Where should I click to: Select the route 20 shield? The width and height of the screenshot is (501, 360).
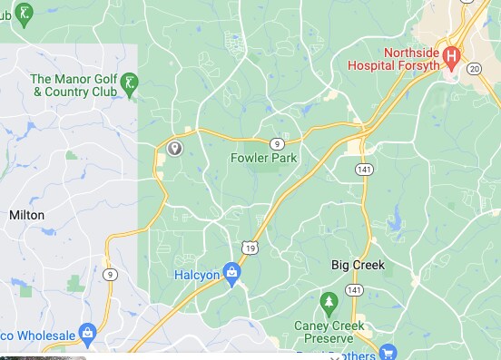pos(474,68)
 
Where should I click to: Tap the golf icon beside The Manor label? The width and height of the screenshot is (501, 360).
pos(130,83)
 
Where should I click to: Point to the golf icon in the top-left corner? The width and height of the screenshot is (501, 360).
pos(25,13)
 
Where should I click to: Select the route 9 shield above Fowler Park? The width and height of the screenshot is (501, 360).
pos(276,143)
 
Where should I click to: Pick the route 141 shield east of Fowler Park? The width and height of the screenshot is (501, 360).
pos(363,170)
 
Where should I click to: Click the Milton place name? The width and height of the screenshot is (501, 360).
pos(26,215)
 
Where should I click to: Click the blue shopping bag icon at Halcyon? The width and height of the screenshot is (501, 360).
pos(232,272)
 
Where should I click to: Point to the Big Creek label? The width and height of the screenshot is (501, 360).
pos(358,265)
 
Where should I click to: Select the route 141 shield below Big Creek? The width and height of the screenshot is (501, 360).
pos(354,290)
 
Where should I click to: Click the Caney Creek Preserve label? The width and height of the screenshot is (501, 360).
pos(329,332)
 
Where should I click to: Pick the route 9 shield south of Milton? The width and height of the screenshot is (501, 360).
pos(111,275)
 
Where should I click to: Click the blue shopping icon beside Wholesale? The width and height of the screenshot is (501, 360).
pos(88,334)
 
